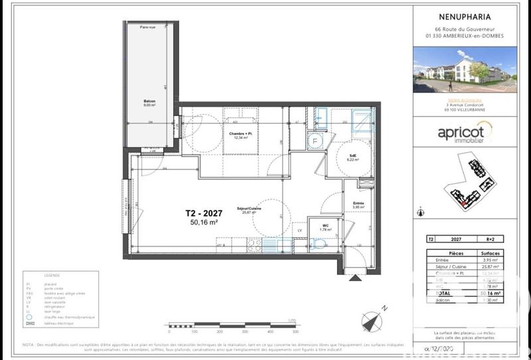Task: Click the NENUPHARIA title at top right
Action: [x=465, y=19]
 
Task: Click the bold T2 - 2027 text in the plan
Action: [x=204, y=213]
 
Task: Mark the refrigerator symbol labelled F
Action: [x=315, y=140]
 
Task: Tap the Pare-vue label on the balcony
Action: [x=147, y=27]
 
